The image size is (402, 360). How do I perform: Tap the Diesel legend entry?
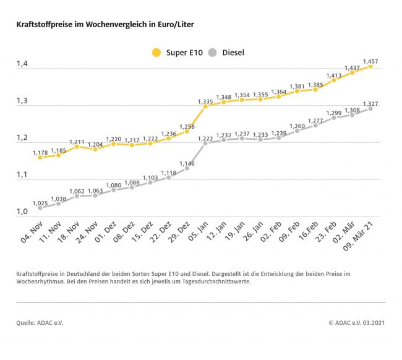[226, 53]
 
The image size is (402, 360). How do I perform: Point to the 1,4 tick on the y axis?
[22, 64]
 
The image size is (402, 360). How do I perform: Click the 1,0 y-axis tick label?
[22, 212]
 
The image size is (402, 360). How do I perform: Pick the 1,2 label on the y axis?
[22, 138]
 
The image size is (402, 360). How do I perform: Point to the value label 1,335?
[205, 101]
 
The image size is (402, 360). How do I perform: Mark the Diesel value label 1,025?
[40, 204]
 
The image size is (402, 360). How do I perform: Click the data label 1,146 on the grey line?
[187, 163]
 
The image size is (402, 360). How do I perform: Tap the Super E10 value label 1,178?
[40, 152]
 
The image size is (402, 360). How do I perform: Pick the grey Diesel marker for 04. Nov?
[40, 208]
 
